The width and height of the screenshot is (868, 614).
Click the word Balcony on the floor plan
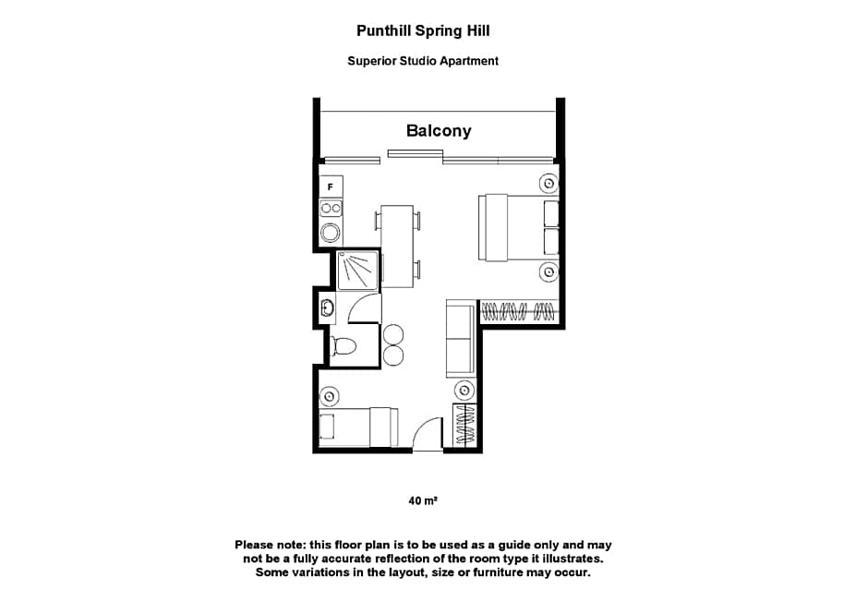click(x=438, y=130)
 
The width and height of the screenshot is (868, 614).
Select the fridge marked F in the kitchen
click(x=331, y=186)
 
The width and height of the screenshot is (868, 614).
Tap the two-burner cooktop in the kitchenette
click(x=331, y=209)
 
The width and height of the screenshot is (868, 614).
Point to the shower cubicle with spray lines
click(x=356, y=271)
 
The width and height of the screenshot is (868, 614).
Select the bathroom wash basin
click(x=326, y=307)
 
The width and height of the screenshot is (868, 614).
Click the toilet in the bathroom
click(x=344, y=347)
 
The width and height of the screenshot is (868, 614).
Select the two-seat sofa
click(x=460, y=338)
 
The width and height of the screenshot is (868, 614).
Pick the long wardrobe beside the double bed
click(x=519, y=311)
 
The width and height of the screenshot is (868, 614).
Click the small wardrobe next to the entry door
click(x=464, y=426)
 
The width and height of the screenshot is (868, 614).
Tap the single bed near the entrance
click(x=356, y=427)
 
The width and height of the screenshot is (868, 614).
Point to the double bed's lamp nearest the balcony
click(x=549, y=184)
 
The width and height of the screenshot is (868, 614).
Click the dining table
click(x=397, y=246)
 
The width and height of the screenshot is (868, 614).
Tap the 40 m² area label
click(x=422, y=500)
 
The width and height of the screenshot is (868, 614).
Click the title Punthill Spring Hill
click(x=423, y=30)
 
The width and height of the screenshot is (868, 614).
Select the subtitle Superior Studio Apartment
click(x=423, y=61)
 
